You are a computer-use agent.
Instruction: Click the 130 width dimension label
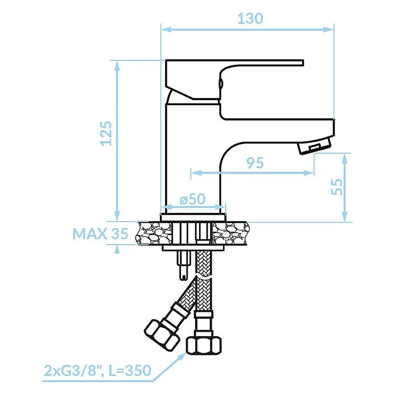[x=250, y=18]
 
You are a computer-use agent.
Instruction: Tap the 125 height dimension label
[x=106, y=134]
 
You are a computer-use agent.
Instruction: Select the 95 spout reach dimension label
[x=255, y=163]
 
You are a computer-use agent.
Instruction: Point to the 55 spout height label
[x=337, y=187]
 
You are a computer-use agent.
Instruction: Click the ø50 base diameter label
[x=192, y=199]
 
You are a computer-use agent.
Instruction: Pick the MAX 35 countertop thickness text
[x=101, y=234]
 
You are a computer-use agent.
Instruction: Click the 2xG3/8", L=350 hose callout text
[x=97, y=370]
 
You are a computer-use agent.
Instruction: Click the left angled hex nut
[x=162, y=335]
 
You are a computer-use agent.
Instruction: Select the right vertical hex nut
[x=204, y=346]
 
